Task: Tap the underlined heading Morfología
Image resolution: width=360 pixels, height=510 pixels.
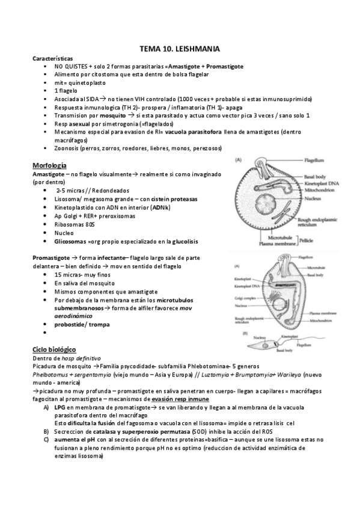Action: (49, 165)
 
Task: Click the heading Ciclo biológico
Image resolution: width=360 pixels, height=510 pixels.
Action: (54, 349)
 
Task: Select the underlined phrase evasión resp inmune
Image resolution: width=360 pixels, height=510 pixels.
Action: (180, 398)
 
